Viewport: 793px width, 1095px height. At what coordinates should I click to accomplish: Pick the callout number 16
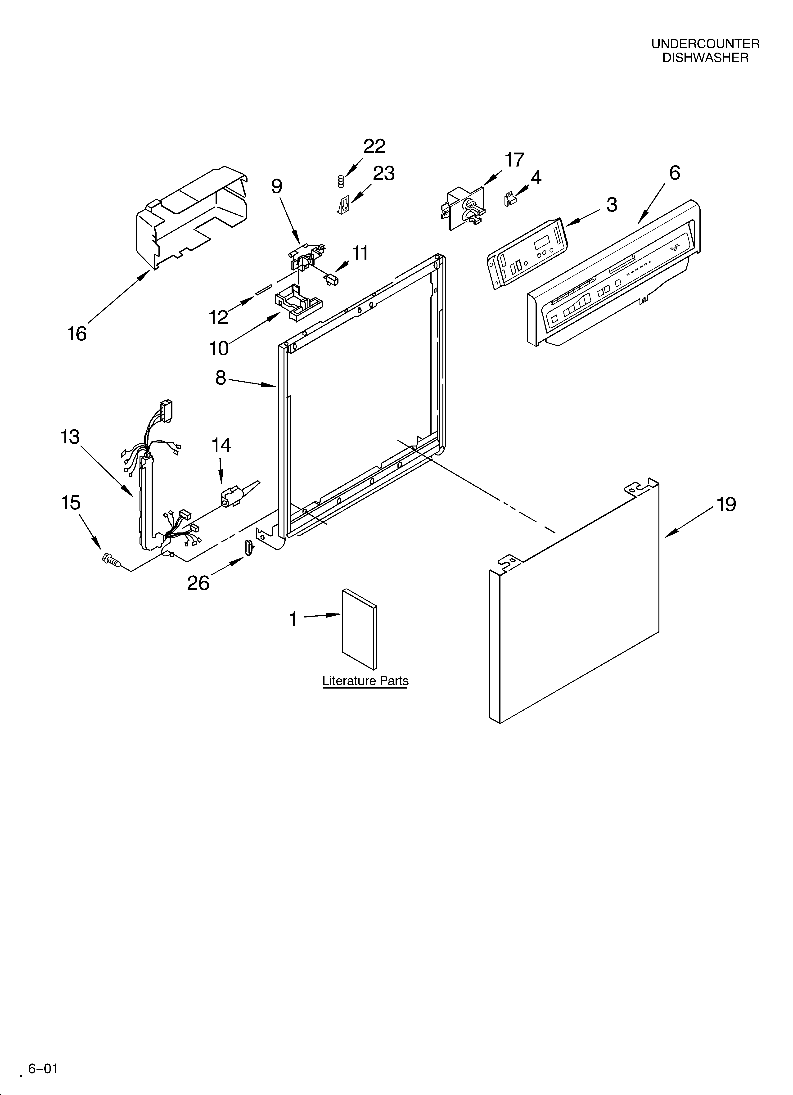tap(77, 334)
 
